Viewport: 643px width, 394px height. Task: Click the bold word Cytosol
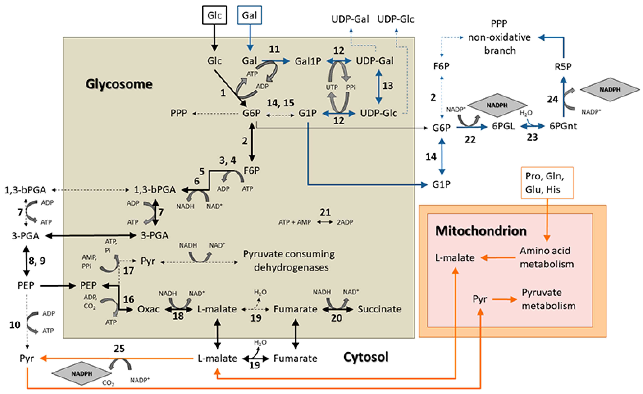click(366, 357)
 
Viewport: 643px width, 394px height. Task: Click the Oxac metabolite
click(148, 309)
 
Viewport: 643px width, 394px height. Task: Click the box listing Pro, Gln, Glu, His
click(547, 183)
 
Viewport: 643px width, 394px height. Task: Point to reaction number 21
click(325, 212)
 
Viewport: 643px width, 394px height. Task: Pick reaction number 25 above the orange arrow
click(119, 349)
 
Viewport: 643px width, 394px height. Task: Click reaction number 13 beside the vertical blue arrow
click(388, 86)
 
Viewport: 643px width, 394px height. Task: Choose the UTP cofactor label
click(332, 87)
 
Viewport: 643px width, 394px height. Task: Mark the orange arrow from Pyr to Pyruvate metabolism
click(504, 299)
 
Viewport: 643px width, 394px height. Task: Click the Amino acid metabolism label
click(546, 257)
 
